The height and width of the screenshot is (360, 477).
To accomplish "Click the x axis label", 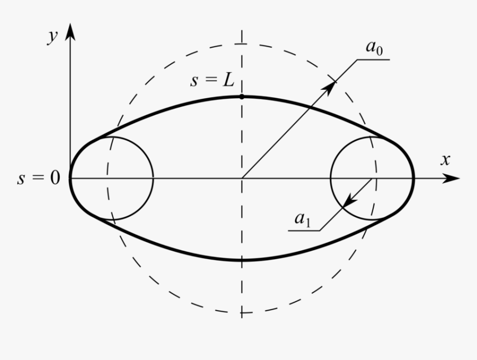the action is (444, 160).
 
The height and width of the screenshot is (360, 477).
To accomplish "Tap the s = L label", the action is (212, 80).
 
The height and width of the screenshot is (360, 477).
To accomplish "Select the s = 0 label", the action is (38, 179).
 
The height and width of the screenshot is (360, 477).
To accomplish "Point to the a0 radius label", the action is (373, 48).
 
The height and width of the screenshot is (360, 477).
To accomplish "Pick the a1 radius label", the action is (302, 220).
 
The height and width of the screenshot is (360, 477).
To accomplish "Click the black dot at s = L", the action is (241, 97).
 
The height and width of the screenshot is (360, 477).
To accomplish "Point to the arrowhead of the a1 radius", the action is (348, 202).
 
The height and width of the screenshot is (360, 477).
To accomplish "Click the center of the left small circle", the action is (111, 179).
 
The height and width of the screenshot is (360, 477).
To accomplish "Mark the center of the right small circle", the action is (372, 179).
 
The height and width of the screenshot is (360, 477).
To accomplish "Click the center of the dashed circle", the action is (241, 179).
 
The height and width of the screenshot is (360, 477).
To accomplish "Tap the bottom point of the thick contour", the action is (242, 260).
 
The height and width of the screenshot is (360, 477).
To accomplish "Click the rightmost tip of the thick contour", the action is (414, 179).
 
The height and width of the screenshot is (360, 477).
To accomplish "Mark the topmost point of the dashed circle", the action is (241, 44).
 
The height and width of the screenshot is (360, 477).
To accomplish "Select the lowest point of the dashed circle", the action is (241, 313).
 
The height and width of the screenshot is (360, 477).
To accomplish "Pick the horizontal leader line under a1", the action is (306, 230).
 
